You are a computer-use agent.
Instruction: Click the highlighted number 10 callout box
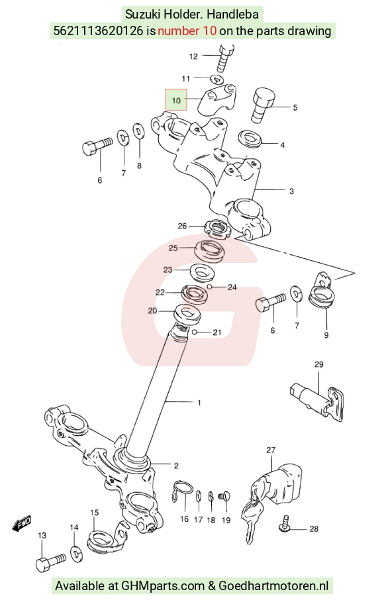[x=176, y=100]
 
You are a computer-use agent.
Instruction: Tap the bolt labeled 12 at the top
[x=225, y=58]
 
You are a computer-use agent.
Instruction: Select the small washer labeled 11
[x=218, y=79]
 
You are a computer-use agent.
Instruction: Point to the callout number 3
[x=291, y=191]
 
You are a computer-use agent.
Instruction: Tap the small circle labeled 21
[x=195, y=332]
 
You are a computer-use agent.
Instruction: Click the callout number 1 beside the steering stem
[x=199, y=402]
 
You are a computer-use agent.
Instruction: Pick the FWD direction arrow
[x=21, y=523]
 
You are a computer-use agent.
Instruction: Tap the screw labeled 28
[x=285, y=525]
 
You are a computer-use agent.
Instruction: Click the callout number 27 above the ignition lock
[x=271, y=450]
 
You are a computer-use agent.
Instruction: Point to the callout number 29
[x=319, y=364]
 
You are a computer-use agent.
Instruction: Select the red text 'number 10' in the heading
[x=187, y=30]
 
